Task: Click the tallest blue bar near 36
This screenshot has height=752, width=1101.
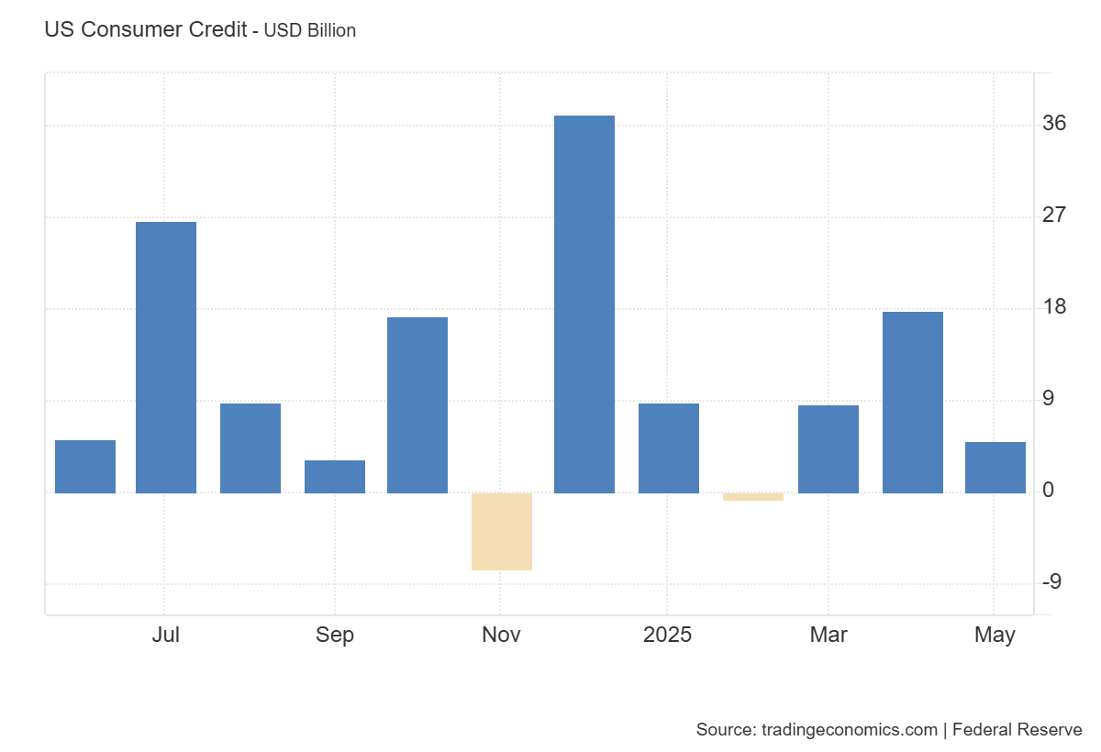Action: coord(584,304)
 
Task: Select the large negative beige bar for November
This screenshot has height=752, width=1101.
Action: coord(502,531)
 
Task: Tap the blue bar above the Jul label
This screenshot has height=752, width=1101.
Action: coord(166,357)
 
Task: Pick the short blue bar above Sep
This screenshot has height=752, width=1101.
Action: coord(335,476)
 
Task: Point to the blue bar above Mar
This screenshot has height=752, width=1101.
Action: coord(829,448)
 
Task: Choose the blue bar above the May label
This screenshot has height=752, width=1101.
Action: coord(995,467)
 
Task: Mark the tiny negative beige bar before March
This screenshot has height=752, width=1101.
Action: coord(753,497)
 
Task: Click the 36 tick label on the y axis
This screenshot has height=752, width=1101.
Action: coord(1055,123)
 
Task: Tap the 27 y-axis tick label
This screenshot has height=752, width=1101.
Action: coord(1055,215)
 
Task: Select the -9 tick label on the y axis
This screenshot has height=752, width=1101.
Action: coord(1052,581)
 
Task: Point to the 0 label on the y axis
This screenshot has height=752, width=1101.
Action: coord(1049,491)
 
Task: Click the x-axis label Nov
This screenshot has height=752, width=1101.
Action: coord(501,635)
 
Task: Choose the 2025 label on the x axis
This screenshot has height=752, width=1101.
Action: coord(668,635)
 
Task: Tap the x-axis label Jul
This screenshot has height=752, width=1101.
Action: coord(166,635)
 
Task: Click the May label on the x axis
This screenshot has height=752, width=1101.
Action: coord(995,635)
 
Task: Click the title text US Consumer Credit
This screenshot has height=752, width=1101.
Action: coord(145,29)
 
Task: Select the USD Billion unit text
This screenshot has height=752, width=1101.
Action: coord(310,30)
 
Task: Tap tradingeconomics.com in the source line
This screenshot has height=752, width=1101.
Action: coord(850,730)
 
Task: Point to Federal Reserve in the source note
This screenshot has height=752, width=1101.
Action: coord(1018,730)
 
